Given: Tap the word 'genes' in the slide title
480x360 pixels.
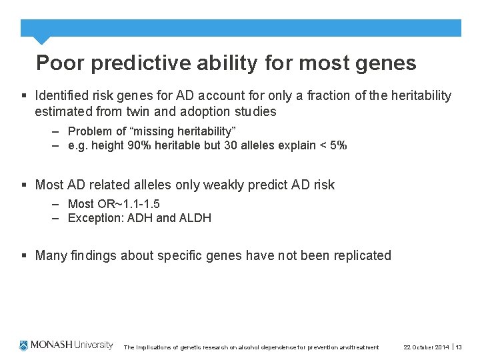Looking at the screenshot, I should [386, 63].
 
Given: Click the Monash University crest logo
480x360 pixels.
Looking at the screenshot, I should [24, 345].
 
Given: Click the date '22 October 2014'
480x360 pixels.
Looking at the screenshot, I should [426, 347].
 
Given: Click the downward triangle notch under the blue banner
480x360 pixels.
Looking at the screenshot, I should [41, 40].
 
